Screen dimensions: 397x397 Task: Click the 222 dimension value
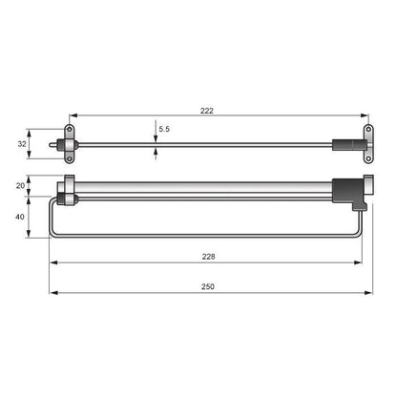point(207,112)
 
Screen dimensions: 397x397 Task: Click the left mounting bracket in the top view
point(69,144)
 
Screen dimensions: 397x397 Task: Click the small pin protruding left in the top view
point(52,144)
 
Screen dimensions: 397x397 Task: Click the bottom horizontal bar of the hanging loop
point(205,237)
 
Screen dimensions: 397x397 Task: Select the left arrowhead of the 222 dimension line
point(73,118)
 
